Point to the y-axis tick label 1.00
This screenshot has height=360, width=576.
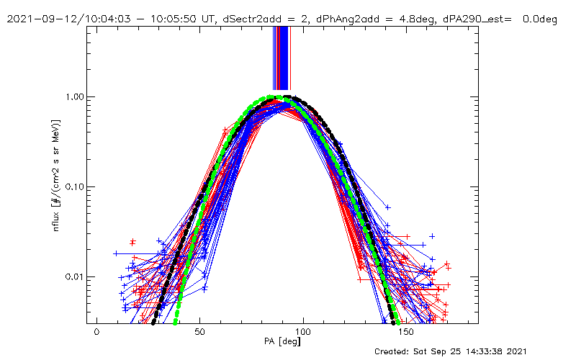(x=74, y=96)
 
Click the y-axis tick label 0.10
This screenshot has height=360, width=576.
(x=74, y=186)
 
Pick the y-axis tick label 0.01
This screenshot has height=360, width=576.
(x=74, y=276)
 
